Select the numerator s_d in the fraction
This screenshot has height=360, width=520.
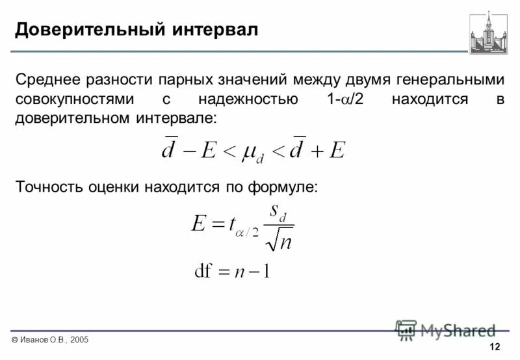[x=280, y=212]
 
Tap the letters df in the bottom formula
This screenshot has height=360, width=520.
[x=206, y=270]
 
